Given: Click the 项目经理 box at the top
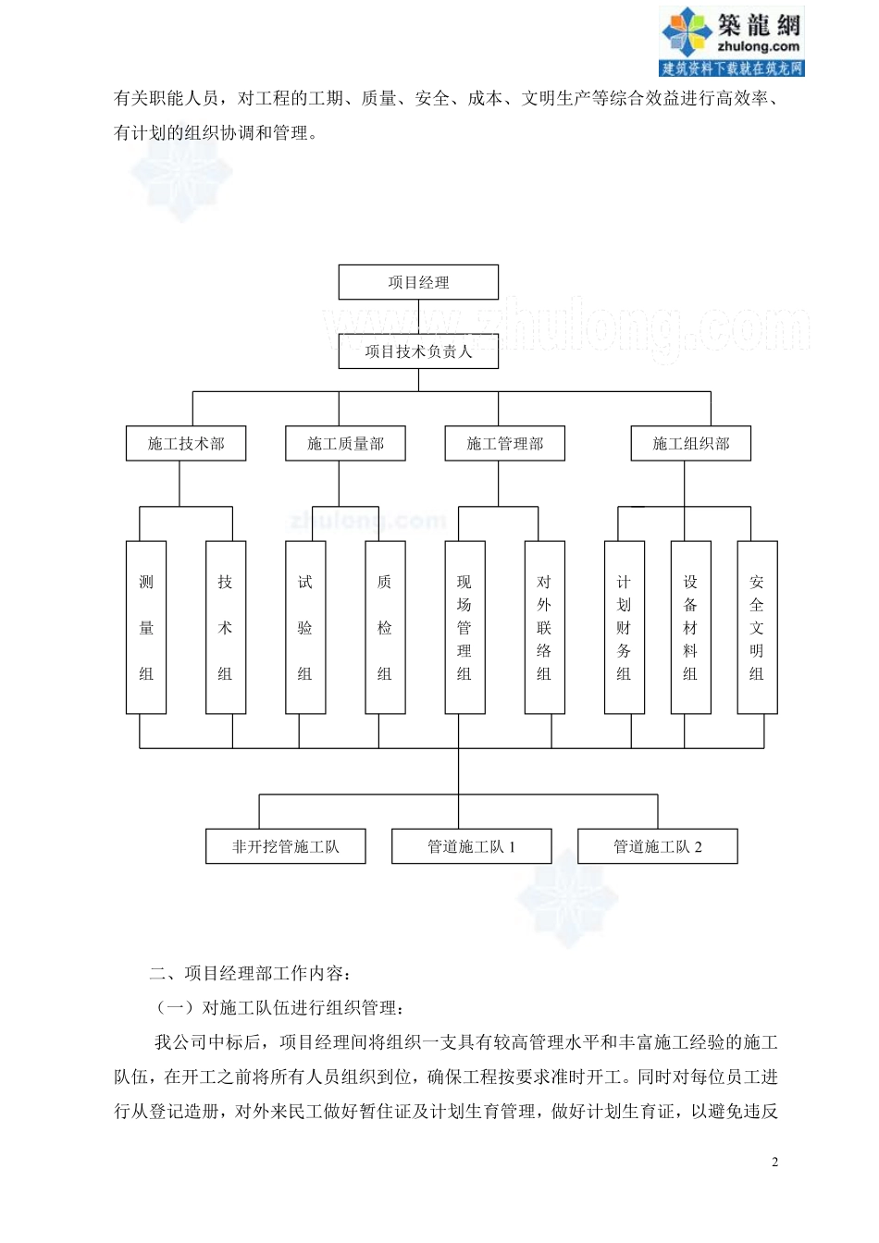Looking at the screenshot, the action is tap(418, 282).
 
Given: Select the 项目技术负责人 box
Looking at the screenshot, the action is tap(418, 351).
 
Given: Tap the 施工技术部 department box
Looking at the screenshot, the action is tap(186, 443).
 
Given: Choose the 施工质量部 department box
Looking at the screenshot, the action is tap(345, 443).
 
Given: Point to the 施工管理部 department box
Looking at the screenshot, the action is tap(505, 443).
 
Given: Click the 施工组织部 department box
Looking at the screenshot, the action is tap(691, 443).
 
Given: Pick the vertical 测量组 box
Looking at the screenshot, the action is tap(146, 628).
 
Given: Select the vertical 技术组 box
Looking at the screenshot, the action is tap(226, 628).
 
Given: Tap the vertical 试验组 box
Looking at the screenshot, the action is tap(305, 628).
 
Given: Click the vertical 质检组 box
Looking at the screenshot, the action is tap(385, 628).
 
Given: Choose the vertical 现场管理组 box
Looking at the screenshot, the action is tap(464, 628).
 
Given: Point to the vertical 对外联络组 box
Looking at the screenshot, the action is tap(545, 628).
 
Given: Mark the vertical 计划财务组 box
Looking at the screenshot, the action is tap(625, 628).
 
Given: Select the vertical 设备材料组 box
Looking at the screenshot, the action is tap(691, 628).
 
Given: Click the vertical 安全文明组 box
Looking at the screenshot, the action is tap(758, 628).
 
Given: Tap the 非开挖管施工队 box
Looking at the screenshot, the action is tap(285, 846).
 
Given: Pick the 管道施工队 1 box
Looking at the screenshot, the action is tap(472, 846).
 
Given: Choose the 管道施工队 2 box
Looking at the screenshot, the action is tap(658, 846).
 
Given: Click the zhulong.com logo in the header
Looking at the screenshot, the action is tap(731, 41).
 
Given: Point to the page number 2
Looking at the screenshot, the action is tap(774, 1162).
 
